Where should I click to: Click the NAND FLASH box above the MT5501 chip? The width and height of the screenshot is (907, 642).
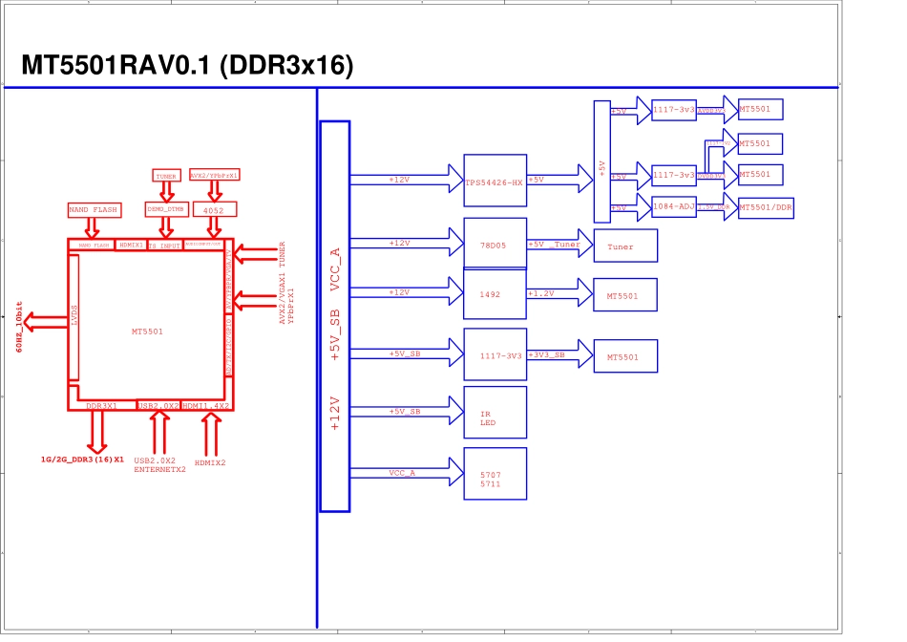click(93, 209)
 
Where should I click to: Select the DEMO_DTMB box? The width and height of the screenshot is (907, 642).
click(165, 208)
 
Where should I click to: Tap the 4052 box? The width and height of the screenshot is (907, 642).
click(214, 208)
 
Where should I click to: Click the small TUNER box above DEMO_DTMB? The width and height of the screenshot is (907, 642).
click(166, 176)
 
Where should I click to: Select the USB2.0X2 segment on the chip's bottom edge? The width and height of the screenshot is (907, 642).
click(158, 405)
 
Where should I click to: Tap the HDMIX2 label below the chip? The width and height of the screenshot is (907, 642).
click(210, 462)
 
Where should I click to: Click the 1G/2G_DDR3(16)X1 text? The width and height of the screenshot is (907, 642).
click(82, 460)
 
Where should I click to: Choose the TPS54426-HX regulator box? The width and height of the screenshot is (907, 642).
click(495, 181)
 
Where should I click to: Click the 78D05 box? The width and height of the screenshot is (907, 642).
click(495, 244)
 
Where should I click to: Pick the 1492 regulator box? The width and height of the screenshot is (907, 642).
click(495, 293)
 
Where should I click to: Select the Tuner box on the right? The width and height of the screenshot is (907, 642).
click(625, 246)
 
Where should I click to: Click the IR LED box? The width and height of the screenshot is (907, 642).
click(495, 412)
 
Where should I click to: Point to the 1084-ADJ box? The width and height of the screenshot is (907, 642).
click(674, 206)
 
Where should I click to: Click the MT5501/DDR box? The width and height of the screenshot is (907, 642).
click(767, 207)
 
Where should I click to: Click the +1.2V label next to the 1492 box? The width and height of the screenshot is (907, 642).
click(541, 293)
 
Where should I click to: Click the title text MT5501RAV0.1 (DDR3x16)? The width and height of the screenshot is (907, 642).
click(187, 66)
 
